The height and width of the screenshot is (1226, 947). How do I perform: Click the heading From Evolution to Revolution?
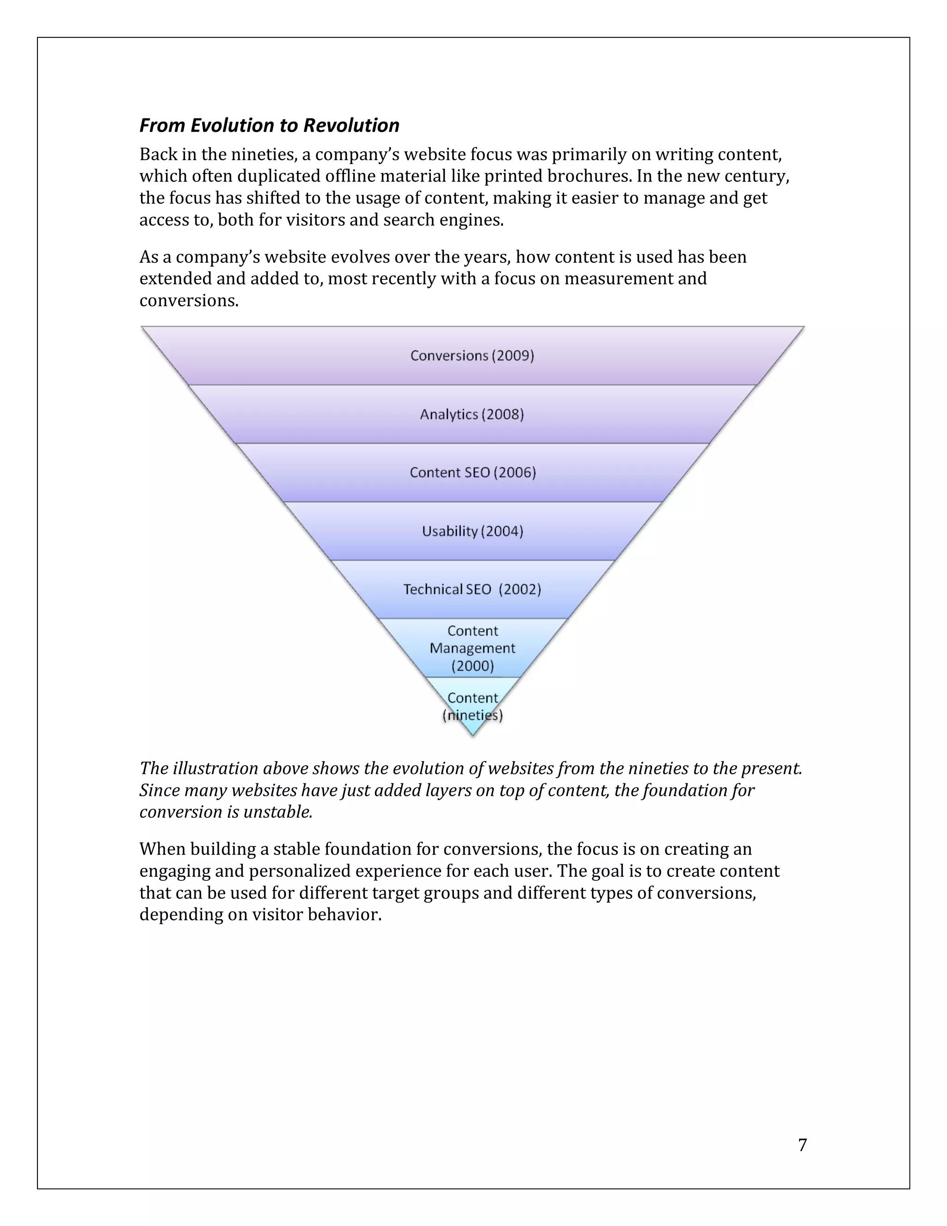(269, 125)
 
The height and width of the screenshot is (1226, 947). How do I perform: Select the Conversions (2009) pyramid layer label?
(472, 355)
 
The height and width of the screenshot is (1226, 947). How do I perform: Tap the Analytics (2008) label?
(472, 414)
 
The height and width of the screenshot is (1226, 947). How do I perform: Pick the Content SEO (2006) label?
(473, 473)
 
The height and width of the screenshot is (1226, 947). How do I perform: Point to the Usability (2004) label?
(473, 531)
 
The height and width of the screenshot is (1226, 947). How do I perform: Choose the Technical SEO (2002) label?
(472, 589)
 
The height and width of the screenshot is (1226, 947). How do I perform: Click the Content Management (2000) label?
(473, 648)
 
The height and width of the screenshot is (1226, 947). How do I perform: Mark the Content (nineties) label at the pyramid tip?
(473, 707)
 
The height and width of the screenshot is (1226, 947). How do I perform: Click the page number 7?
(802, 1145)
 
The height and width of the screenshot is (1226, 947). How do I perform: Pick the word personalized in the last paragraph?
(300, 871)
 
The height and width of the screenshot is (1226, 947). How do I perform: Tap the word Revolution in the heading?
(351, 125)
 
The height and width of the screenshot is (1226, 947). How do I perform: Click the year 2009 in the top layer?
(513, 355)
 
